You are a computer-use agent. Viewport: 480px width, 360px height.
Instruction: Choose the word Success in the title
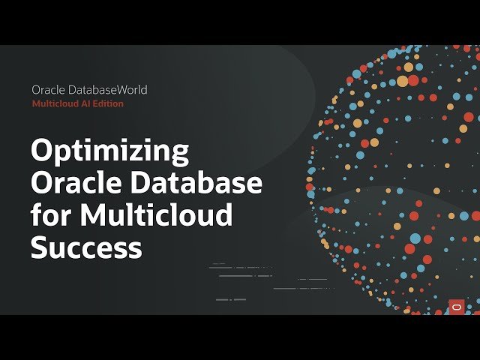coord(86,247)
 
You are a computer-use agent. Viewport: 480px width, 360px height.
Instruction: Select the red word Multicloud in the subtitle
coord(55,103)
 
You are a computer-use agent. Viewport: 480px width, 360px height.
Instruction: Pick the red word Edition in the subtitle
coord(109,103)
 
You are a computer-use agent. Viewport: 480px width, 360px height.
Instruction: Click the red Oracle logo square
coord(457,306)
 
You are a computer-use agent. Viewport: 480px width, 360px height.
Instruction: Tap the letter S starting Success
coord(40,247)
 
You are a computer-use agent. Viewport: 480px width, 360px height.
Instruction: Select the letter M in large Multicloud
coord(93,215)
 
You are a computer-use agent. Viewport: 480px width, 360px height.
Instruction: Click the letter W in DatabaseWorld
coord(119,90)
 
